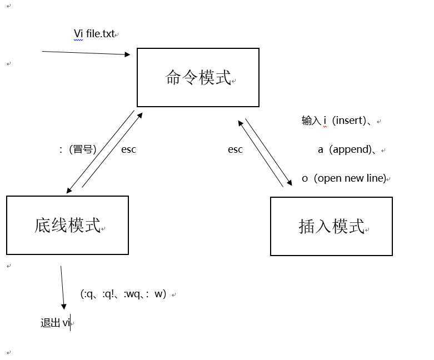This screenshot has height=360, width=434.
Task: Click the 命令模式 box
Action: coord(198,77)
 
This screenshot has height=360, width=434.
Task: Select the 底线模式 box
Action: coord(67,225)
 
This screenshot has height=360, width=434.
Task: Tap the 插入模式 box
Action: coord(331,226)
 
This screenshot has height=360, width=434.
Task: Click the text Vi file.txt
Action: coord(94,34)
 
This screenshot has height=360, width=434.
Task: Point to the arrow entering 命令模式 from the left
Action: coord(86,53)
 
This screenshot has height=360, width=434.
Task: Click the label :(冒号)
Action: coord(78,149)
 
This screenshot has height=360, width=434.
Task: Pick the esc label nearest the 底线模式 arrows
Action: coord(128,149)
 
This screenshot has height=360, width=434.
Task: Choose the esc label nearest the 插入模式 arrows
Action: coord(235,149)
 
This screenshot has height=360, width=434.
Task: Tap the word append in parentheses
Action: coord(351,149)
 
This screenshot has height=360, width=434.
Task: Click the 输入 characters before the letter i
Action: coord(311,121)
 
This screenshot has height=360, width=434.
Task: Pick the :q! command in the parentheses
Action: coord(107,294)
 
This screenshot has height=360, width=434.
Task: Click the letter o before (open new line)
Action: coord(305,178)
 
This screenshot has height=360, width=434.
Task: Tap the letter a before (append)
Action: coord(321,149)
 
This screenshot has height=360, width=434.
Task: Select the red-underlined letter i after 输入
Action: coord(325,121)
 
